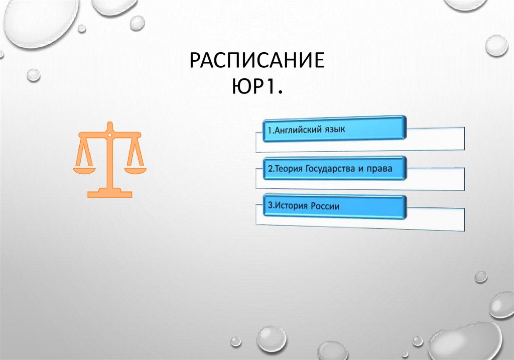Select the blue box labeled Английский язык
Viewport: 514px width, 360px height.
[x=334, y=128]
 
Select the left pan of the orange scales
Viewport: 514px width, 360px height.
[x=84, y=169]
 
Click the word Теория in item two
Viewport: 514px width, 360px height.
[x=286, y=169]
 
